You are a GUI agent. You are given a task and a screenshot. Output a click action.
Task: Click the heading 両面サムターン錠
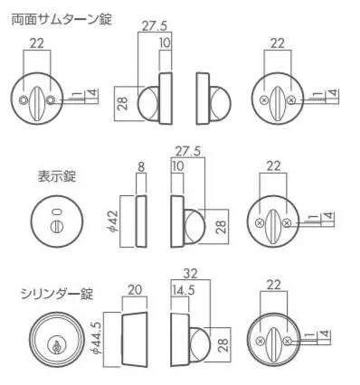62,20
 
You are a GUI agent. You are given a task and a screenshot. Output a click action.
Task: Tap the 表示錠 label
57,176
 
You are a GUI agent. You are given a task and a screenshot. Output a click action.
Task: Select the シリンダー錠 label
57,294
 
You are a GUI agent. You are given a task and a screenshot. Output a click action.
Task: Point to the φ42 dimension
112,221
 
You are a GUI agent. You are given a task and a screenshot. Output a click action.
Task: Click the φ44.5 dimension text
96,340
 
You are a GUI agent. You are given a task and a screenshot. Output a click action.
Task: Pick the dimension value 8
141,167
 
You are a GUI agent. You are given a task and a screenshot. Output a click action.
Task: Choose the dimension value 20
135,290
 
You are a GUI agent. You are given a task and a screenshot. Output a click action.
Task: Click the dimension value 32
190,274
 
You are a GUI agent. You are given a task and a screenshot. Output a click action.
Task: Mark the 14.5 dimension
184,290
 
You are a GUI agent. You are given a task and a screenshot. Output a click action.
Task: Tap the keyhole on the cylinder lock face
55,346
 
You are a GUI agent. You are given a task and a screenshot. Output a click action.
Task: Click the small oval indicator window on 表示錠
56,212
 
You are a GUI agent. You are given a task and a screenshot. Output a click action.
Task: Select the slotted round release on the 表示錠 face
56,226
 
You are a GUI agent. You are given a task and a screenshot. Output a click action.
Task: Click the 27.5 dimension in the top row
155,26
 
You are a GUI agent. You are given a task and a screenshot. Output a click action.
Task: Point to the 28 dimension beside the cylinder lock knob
222,345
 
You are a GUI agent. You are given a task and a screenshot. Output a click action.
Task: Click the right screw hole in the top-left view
51,99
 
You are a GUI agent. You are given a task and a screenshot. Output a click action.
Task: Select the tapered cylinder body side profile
135,339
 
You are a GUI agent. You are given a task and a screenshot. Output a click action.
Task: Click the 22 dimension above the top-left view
37,43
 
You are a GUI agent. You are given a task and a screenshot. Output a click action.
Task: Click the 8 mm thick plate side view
141,221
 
